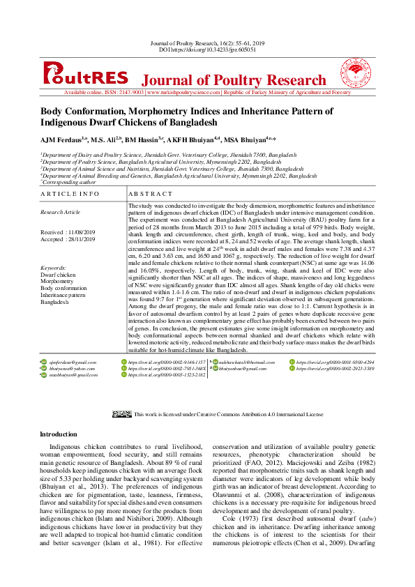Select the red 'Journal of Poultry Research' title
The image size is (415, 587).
(234, 80)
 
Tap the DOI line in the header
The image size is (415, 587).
(207, 50)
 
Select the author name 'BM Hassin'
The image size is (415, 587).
(143, 140)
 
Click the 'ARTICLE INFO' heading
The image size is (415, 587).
(70, 193)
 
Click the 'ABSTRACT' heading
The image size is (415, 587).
(151, 193)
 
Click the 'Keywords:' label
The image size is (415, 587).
(53, 268)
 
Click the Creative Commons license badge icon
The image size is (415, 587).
(122, 414)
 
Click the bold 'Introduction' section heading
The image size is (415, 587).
(59, 434)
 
